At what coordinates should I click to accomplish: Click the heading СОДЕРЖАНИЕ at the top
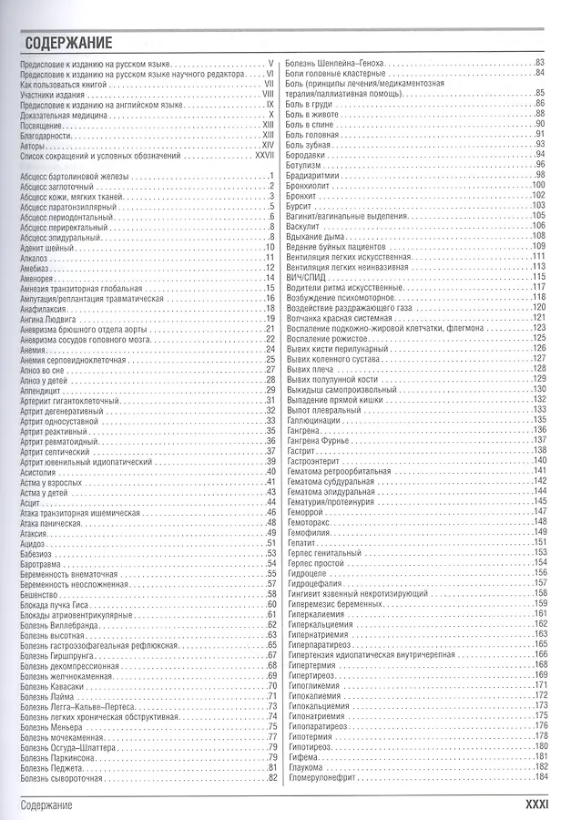[x=68, y=42]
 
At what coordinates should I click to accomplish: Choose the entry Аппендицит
[x=45, y=390]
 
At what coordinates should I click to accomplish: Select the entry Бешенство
[x=42, y=592]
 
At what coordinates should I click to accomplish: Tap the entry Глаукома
[x=304, y=766]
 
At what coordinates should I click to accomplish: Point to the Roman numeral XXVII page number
[x=265, y=156]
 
